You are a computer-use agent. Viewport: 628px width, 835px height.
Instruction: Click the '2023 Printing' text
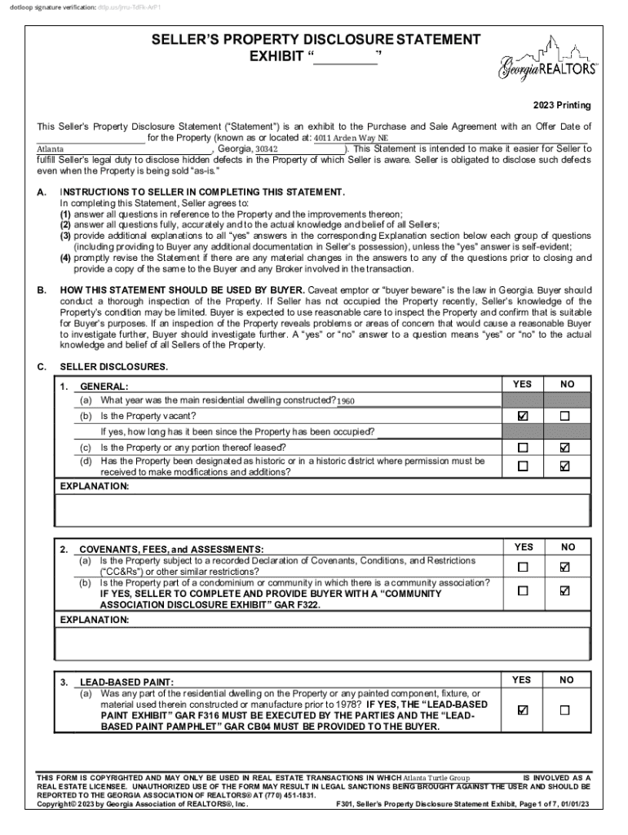pos(562,106)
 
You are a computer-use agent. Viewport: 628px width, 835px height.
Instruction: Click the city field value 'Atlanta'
pos(51,150)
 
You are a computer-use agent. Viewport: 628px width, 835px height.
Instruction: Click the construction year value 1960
pos(346,401)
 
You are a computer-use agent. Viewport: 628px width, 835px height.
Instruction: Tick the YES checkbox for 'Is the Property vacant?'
pos(523,416)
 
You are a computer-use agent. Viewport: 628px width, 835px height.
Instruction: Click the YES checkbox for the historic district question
pos(523,466)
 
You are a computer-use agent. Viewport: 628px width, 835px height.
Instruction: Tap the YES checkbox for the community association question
pos(523,590)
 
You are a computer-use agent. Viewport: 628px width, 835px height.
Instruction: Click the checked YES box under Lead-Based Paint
pos(523,710)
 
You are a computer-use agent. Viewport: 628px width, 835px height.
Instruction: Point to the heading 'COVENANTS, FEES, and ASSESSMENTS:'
pos(171,550)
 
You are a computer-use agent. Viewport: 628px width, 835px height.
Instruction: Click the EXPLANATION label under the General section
pos(95,487)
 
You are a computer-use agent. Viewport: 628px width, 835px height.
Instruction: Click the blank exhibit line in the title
pos(346,59)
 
